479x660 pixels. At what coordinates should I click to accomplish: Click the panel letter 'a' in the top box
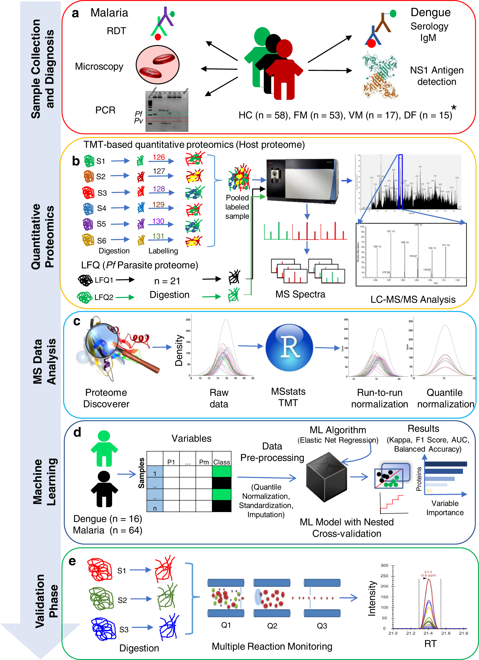point(75,13)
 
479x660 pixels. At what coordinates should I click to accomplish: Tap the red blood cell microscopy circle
point(158,65)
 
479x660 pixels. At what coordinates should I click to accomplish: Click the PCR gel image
point(167,111)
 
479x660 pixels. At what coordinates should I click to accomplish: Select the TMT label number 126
point(159,157)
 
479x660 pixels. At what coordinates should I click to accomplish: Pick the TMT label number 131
point(158,236)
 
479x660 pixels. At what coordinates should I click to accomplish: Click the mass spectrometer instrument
point(302,180)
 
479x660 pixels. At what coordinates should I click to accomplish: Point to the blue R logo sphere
point(289,348)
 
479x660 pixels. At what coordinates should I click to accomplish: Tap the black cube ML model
point(327,477)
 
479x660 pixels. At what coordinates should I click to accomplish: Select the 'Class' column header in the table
point(222,462)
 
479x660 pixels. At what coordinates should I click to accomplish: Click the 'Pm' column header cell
point(204,462)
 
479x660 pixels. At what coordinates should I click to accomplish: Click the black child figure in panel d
point(104,489)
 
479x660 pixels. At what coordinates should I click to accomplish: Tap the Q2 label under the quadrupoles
point(272,626)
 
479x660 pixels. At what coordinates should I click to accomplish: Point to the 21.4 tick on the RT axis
point(428,633)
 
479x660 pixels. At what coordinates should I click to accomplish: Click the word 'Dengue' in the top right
point(431,13)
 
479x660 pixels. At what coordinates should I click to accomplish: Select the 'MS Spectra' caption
point(300,294)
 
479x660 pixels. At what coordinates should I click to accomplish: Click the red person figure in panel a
point(284,70)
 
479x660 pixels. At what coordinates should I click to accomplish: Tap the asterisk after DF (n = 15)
point(454,108)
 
